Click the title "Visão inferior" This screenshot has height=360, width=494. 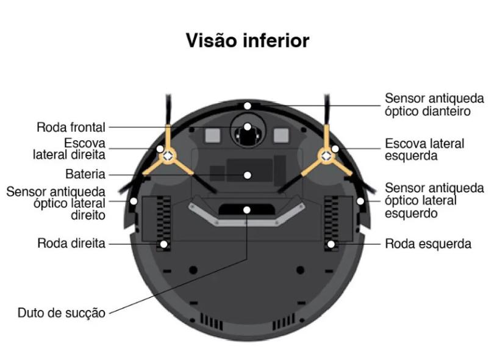[247, 41]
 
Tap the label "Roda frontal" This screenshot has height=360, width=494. [71, 128]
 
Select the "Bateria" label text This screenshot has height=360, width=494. [85, 173]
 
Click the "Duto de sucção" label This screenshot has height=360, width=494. [62, 313]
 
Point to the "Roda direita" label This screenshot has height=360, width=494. [72, 243]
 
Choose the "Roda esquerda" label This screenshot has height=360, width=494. [428, 243]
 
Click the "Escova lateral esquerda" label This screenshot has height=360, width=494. [424, 149]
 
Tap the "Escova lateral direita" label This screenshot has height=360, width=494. [69, 149]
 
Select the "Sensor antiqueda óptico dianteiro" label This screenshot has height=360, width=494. [434, 104]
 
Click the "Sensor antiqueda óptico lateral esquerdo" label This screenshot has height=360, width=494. [434, 201]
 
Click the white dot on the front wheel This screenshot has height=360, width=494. [247, 128]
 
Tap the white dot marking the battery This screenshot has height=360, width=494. [247, 175]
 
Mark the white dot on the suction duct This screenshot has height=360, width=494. [247, 210]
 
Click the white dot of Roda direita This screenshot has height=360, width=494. [163, 243]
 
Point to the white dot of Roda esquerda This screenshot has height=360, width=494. [331, 243]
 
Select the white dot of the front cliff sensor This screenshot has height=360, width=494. [247, 106]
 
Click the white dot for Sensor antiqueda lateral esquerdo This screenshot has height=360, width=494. [360, 200]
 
